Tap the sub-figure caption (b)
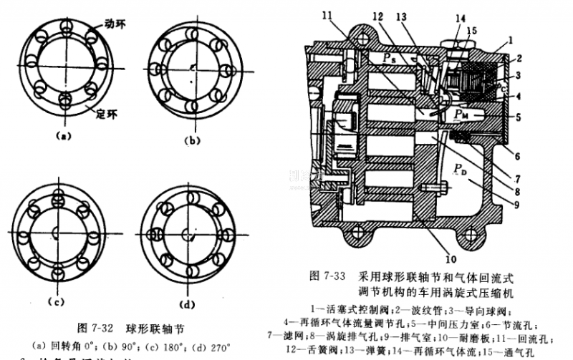[x=193, y=141]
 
